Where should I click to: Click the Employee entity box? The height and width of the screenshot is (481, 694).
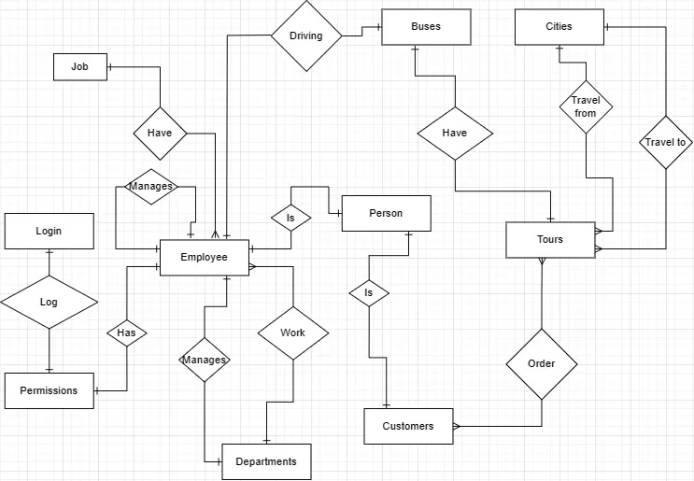click(205, 258)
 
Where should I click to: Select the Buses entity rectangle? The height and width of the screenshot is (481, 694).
click(426, 26)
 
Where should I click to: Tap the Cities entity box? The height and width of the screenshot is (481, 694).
click(559, 26)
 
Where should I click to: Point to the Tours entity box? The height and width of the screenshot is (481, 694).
click(550, 240)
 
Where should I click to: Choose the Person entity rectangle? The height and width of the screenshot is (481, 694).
click(386, 213)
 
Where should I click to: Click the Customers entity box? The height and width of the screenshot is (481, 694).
click(408, 426)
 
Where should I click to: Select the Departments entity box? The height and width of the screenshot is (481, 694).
click(266, 461)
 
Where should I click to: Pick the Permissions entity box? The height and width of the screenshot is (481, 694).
click(49, 390)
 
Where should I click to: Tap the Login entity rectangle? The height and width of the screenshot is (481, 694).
click(49, 231)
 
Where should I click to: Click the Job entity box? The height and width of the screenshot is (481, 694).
click(79, 67)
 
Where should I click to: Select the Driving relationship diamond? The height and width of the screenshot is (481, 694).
click(305, 36)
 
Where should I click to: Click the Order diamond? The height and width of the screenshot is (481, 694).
click(541, 364)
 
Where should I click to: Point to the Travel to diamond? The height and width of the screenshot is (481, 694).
click(665, 143)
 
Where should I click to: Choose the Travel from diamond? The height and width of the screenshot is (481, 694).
click(586, 106)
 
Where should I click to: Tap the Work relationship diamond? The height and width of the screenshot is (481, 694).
click(292, 332)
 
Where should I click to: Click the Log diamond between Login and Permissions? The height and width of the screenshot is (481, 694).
click(49, 303)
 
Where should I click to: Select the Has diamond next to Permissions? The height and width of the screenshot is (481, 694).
click(126, 332)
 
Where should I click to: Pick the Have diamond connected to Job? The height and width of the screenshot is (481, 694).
click(160, 133)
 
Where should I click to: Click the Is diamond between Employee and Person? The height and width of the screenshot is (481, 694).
click(290, 219)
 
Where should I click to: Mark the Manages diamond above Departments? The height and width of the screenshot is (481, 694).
click(205, 360)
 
